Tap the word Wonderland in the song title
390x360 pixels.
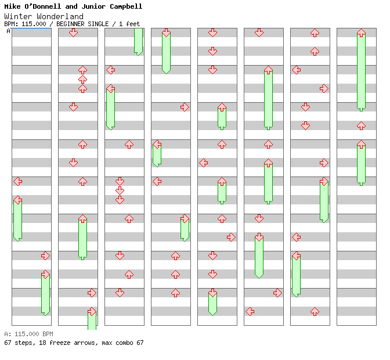61,16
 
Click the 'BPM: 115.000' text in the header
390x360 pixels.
26,24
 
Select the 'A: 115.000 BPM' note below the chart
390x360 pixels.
28,334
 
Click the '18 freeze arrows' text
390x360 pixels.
61,343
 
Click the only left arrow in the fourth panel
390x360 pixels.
157,181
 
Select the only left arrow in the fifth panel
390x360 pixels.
204,163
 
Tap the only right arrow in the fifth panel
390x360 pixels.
231,237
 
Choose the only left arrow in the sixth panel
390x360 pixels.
250,311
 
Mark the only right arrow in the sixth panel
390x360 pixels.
277,293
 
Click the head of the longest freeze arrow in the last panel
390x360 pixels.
361,33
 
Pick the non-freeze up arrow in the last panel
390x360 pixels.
361,125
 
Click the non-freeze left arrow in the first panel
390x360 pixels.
18,181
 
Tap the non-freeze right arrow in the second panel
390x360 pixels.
92,293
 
